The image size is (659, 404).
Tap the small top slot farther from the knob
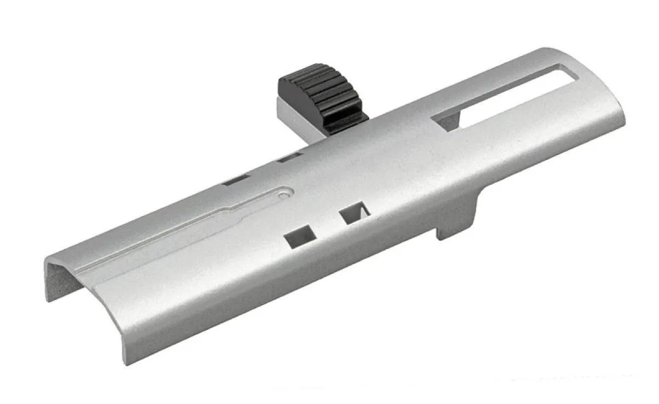(237, 179)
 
